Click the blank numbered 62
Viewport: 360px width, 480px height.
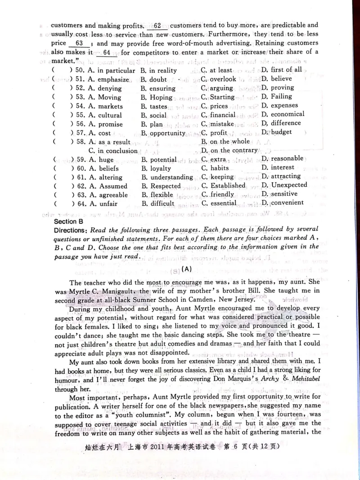point(157,26)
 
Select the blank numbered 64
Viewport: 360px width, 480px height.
point(106,53)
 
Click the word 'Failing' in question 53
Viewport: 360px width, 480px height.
point(281,96)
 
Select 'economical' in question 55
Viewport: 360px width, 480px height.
point(287,114)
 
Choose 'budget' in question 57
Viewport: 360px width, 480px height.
point(282,132)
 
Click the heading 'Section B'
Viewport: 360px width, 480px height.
point(69,222)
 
